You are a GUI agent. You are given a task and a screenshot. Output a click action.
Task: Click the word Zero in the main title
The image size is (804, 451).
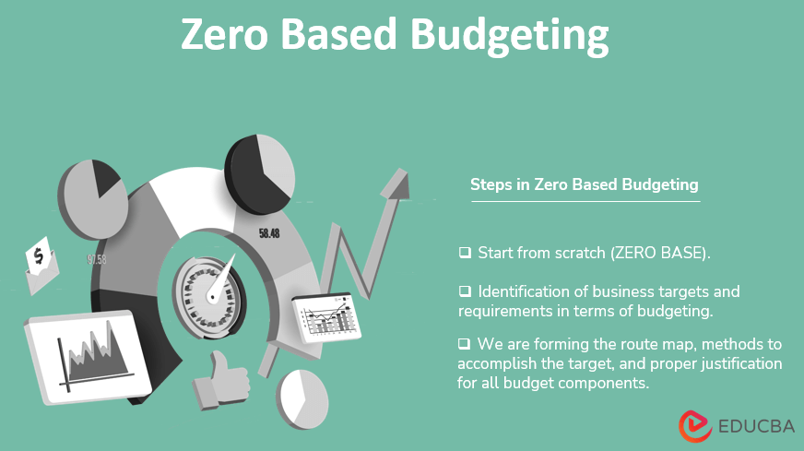(x=230, y=35)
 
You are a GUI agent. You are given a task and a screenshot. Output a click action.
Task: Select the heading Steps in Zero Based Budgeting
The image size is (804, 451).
(x=584, y=184)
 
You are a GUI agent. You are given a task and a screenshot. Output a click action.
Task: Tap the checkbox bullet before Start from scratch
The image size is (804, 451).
(x=465, y=252)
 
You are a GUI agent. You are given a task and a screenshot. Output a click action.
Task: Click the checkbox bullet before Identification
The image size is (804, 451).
(x=465, y=291)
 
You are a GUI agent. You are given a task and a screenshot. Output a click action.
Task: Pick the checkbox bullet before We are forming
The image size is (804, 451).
(x=465, y=344)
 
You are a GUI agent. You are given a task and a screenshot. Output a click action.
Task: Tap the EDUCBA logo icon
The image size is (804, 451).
(x=695, y=425)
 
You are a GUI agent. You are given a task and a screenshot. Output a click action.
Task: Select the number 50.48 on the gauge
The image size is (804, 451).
(x=269, y=233)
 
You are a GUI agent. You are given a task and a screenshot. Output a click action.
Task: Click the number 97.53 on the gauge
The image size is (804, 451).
(x=97, y=260)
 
